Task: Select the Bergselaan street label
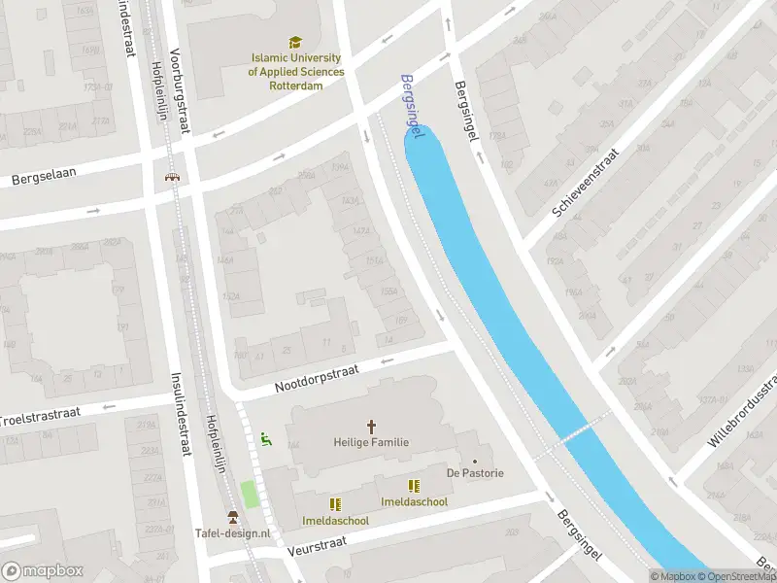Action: pyautogui.click(x=44, y=175)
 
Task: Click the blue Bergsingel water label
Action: pyautogui.click(x=413, y=106)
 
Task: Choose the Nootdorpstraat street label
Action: pyautogui.click(x=317, y=379)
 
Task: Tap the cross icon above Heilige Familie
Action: pyautogui.click(x=370, y=426)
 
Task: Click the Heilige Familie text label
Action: pyautogui.click(x=370, y=442)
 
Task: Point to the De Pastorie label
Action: pyautogui.click(x=475, y=473)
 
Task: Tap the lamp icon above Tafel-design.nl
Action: pyautogui.click(x=232, y=516)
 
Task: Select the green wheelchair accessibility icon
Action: pyautogui.click(x=265, y=439)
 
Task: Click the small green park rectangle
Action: pyautogui.click(x=250, y=494)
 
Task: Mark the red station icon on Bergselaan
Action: pyautogui.click(x=172, y=178)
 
